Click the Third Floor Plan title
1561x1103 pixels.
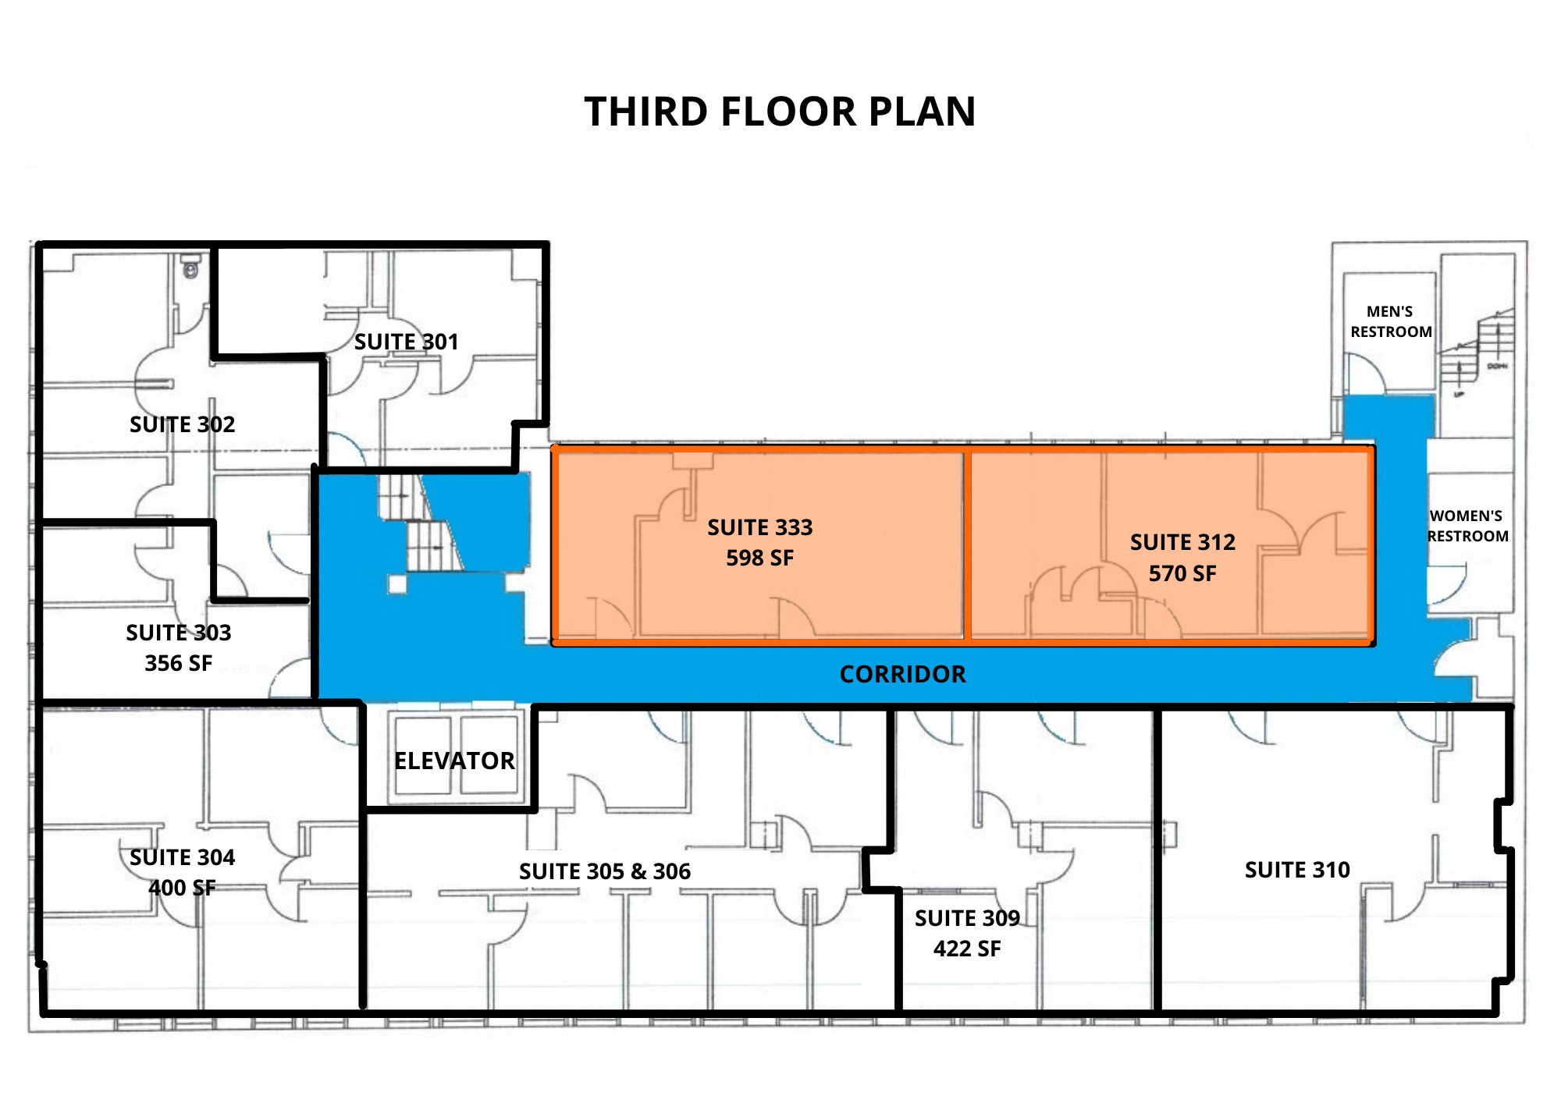(x=780, y=112)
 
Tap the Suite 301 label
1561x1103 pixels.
(x=406, y=342)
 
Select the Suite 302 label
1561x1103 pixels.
(x=182, y=424)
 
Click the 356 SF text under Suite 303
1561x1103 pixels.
(x=178, y=663)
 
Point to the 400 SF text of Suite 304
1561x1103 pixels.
(x=182, y=888)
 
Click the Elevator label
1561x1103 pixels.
(x=454, y=761)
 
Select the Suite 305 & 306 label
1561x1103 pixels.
(x=605, y=871)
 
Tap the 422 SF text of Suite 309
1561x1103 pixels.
(x=967, y=949)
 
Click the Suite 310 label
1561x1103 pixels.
(x=1297, y=870)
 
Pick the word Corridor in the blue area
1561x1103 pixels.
(x=902, y=674)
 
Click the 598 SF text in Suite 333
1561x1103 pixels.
(x=759, y=558)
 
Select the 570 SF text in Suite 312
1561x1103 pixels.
(x=1182, y=573)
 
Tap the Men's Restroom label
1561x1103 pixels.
(x=1391, y=321)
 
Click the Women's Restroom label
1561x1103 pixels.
(x=1467, y=526)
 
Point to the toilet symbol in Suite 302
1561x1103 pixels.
(x=190, y=268)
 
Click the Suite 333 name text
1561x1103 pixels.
(x=759, y=527)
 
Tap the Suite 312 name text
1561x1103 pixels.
(x=1182, y=542)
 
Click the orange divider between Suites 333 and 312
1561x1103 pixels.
(x=967, y=546)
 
